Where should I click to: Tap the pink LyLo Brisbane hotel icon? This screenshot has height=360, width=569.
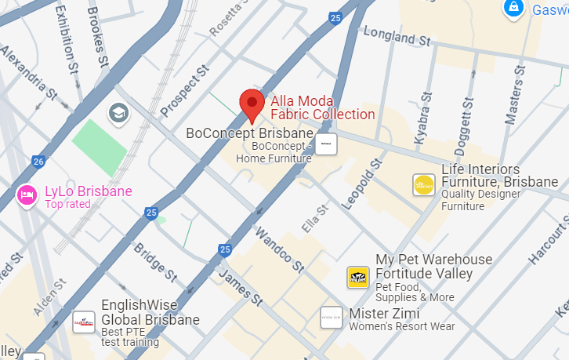27,195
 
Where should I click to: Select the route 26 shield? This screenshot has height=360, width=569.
38,162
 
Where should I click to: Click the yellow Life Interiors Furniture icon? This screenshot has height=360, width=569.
423,184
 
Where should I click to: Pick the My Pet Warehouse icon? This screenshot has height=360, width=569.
358,277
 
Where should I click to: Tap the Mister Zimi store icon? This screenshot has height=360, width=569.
332,317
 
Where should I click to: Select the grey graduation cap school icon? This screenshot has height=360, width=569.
119,113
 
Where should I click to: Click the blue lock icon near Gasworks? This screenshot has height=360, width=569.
513,9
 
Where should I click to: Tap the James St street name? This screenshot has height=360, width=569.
239,286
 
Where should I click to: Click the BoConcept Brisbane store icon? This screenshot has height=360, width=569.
326,144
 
